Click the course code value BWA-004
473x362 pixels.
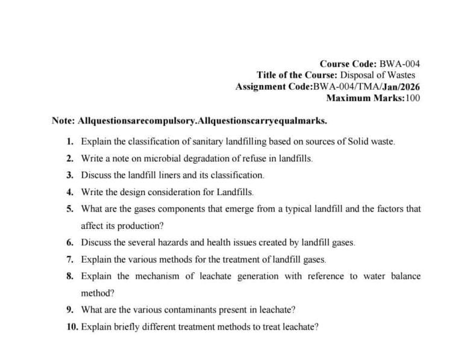[x=399, y=64]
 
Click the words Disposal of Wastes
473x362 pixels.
[x=380, y=75]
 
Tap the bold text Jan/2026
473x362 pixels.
[x=402, y=87]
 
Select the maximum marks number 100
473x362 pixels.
[x=413, y=98]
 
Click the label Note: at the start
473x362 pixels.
[x=63, y=120]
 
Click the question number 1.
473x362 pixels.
[x=70, y=142]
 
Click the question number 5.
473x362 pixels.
[x=70, y=209]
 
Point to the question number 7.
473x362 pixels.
[x=70, y=260]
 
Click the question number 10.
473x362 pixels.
[x=72, y=327]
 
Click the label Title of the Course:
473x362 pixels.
[x=296, y=75]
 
